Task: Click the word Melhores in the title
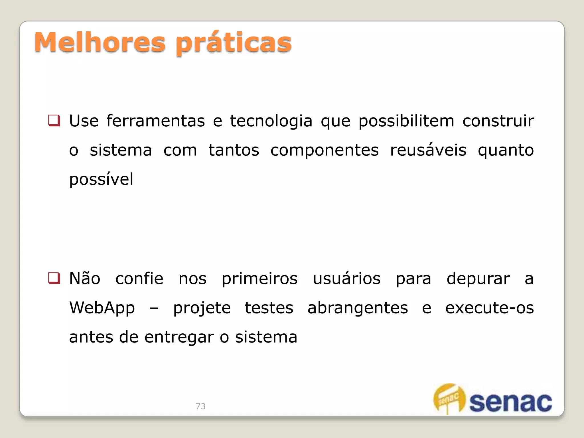point(100,43)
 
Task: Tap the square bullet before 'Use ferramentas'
point(54,120)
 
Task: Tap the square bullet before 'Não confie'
point(54,278)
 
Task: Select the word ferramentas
point(156,121)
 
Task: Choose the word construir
point(498,121)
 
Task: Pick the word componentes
point(325,151)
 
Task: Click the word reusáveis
point(428,150)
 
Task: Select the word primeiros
point(260,279)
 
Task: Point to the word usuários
point(347,279)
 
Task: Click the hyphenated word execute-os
point(489,308)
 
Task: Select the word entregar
point(179,338)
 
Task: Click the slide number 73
point(200,406)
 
